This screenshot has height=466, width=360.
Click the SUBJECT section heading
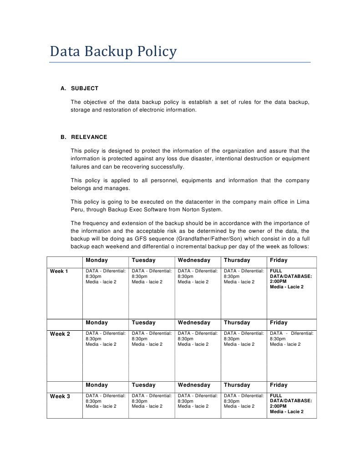(x=85, y=88)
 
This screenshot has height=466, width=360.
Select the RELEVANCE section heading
(x=89, y=137)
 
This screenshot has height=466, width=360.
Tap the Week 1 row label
(x=59, y=271)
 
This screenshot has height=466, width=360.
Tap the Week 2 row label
(x=60, y=334)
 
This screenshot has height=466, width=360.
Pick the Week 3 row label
(x=60, y=396)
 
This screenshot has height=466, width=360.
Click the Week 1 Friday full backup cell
(x=291, y=279)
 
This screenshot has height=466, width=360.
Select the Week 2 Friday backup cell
(x=291, y=339)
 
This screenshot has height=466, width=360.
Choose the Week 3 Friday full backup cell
(x=291, y=404)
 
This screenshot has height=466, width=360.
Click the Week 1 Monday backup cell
(x=106, y=277)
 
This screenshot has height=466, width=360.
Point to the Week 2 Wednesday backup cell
(x=198, y=339)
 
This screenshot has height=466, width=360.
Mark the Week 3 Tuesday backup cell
(x=152, y=401)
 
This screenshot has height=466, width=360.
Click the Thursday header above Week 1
(x=237, y=260)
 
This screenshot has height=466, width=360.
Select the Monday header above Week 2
(x=96, y=323)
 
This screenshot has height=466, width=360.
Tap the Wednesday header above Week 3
(x=194, y=385)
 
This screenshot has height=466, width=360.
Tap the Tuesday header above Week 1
(x=143, y=260)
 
